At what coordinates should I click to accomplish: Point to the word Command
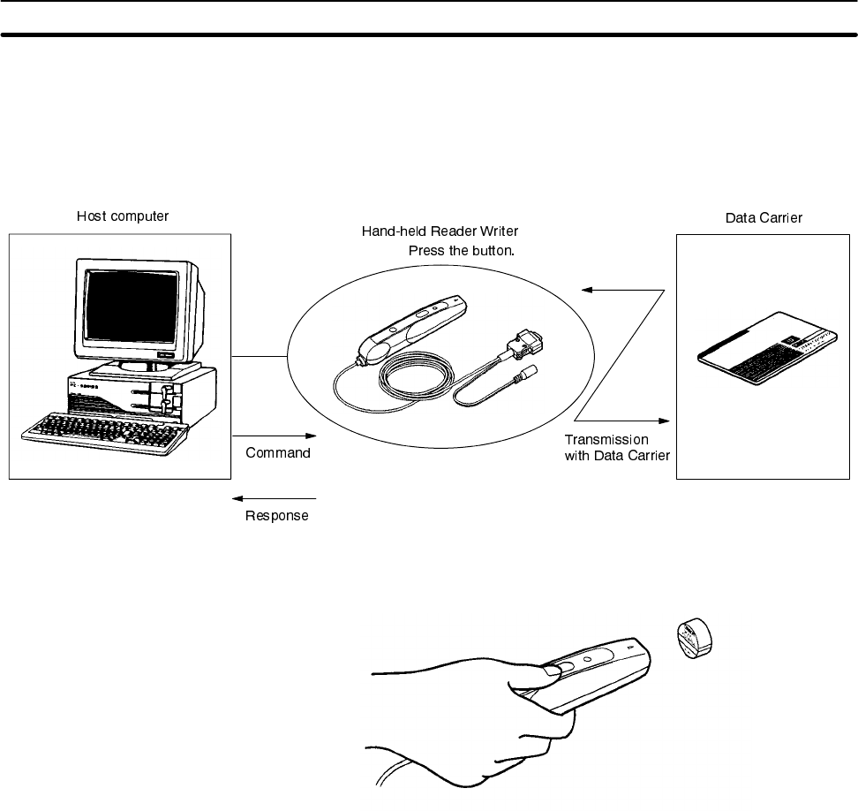[x=277, y=453]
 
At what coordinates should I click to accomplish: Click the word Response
[x=277, y=516]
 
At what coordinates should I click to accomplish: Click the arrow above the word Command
[x=274, y=435]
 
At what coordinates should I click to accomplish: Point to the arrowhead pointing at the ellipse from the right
[x=584, y=289]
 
